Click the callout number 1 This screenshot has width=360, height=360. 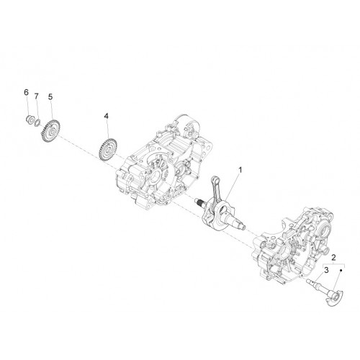[x=240, y=170]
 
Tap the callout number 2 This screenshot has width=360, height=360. [x=333, y=258]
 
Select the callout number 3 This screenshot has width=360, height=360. [x=326, y=270]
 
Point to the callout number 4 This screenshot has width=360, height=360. [x=106, y=116]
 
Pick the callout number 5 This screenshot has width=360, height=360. [x=50, y=96]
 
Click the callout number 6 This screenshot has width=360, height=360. [x=26, y=92]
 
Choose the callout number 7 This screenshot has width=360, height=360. [x=36, y=96]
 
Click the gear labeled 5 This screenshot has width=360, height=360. [x=50, y=130]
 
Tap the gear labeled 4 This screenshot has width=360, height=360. [x=107, y=149]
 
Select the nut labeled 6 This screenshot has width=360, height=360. [x=30, y=119]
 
